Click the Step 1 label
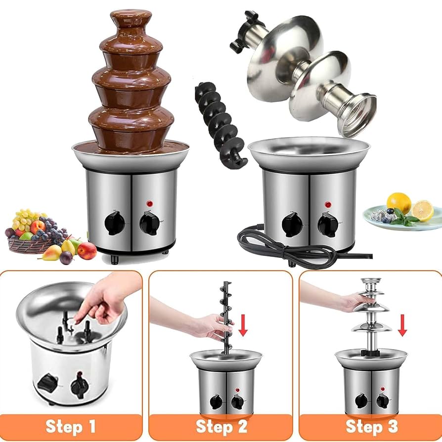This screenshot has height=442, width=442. (x=70, y=426)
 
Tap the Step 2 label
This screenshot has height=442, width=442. (x=221, y=426)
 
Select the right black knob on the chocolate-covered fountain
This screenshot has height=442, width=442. (x=149, y=223)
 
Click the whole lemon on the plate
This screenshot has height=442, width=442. (x=398, y=203)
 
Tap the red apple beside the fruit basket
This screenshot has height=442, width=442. (x=87, y=251)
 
